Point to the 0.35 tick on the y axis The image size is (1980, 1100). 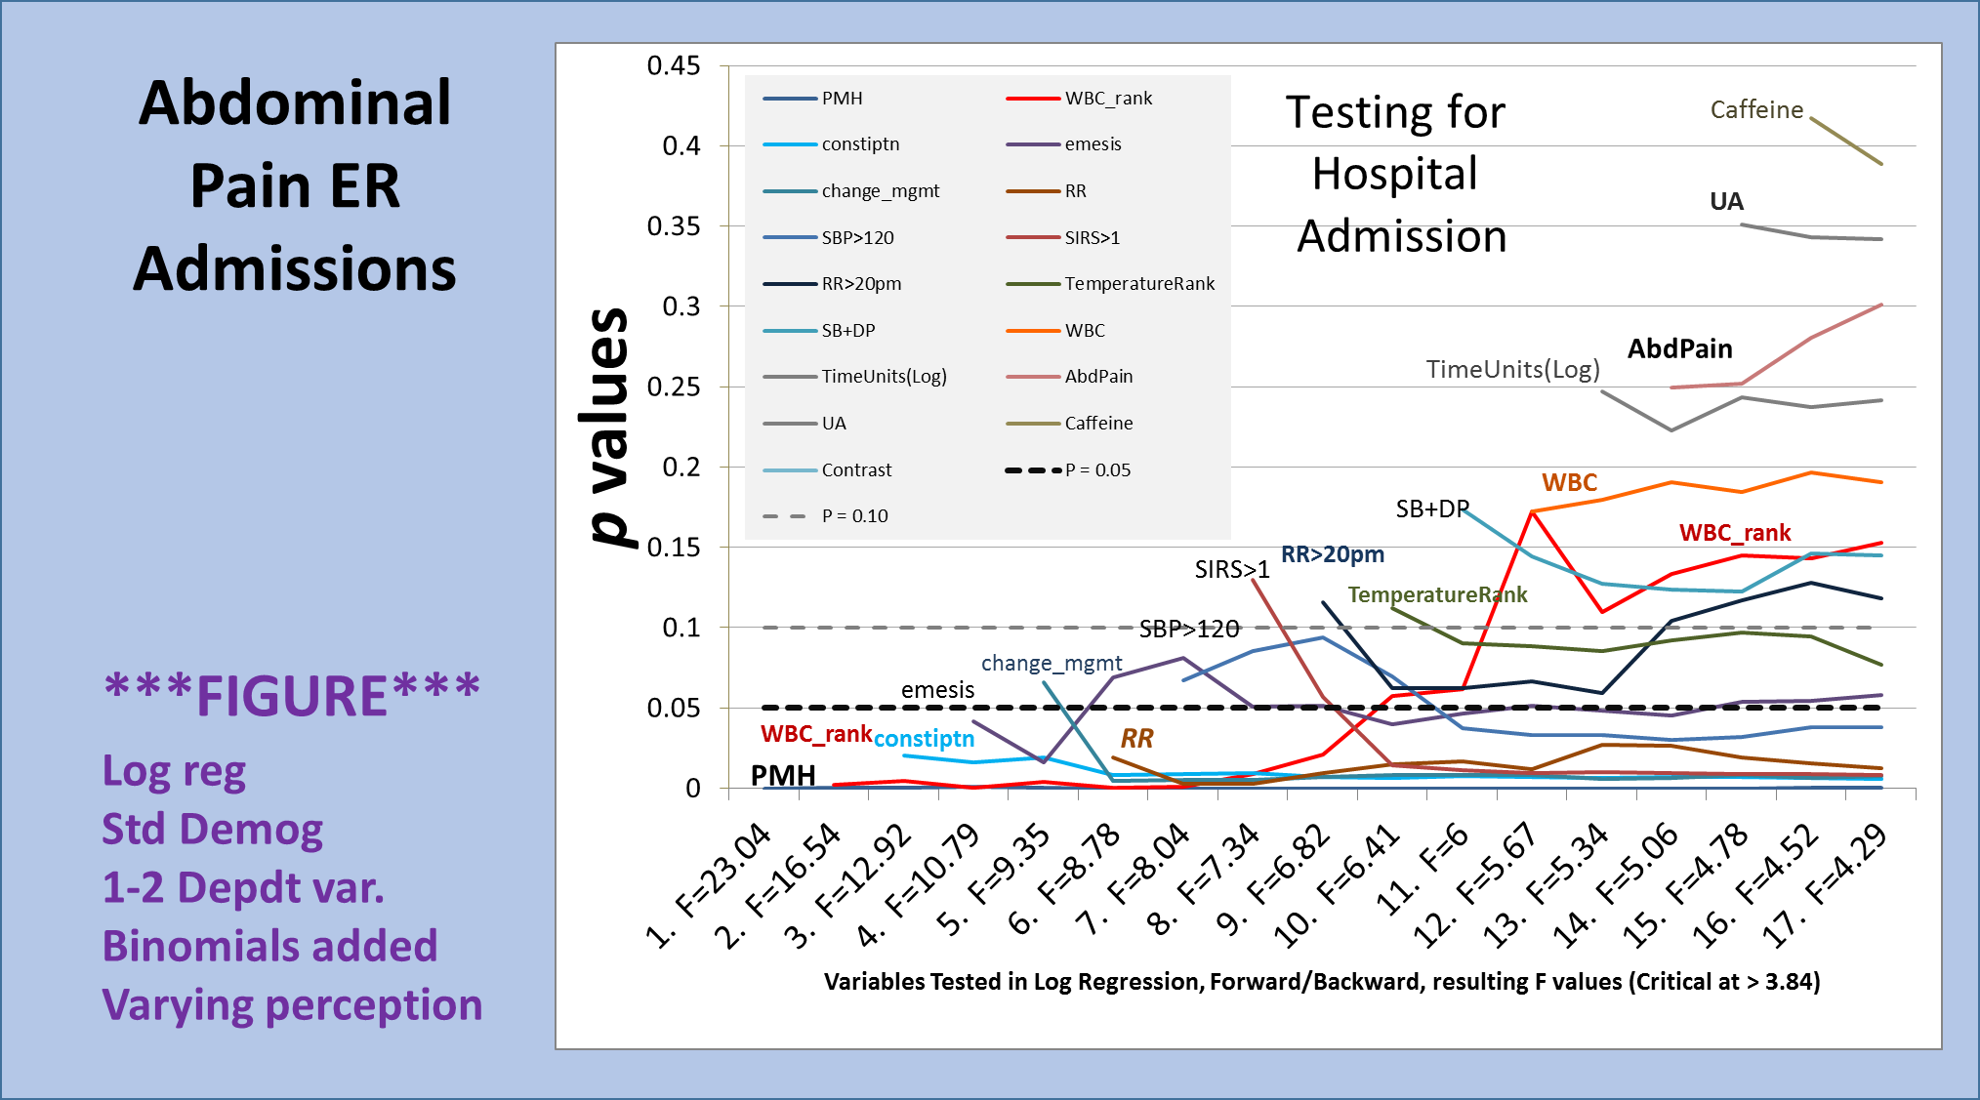[x=674, y=226]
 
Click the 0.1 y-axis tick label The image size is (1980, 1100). [x=681, y=628]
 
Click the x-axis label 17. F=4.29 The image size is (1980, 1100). [x=1826, y=884]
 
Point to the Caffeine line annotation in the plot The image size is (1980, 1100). [x=1756, y=110]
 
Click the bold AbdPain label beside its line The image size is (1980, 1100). [x=1679, y=349]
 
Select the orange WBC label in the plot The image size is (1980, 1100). [x=1569, y=483]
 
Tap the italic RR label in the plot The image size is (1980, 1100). [x=1136, y=739]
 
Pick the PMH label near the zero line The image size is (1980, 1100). [x=783, y=776]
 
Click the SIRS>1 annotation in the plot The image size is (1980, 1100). [x=1232, y=570]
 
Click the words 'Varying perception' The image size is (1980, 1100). [x=292, y=1005]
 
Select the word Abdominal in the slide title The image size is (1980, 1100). [x=295, y=103]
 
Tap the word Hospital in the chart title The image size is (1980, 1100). [x=1394, y=175]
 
